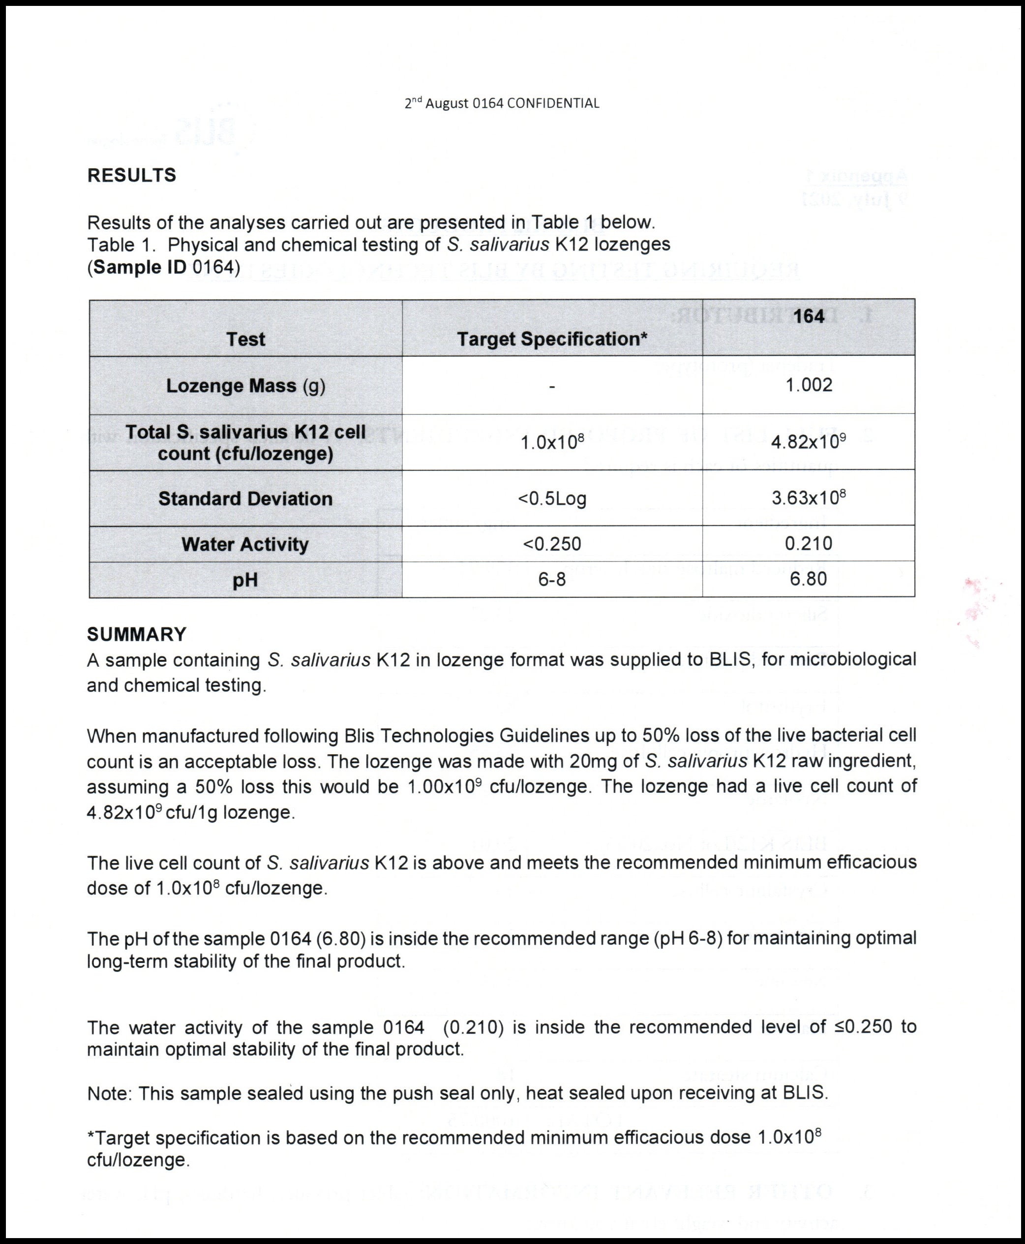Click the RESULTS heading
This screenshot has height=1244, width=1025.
132,176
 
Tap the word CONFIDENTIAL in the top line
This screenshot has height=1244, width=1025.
553,103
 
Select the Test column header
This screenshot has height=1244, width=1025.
245,339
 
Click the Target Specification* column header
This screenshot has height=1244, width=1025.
552,339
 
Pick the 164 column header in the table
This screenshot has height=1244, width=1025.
808,316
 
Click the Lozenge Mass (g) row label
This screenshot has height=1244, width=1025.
245,386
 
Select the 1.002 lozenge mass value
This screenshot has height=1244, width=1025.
808,385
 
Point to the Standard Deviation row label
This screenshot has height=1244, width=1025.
245,498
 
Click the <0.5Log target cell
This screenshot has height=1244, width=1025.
552,498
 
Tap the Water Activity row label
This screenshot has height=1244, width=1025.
245,544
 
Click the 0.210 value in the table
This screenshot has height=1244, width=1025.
808,543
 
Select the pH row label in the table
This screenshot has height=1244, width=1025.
245,580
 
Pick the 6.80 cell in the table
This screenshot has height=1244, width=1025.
808,579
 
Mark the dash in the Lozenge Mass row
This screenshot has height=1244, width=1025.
552,386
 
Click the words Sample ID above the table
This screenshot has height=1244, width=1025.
140,268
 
